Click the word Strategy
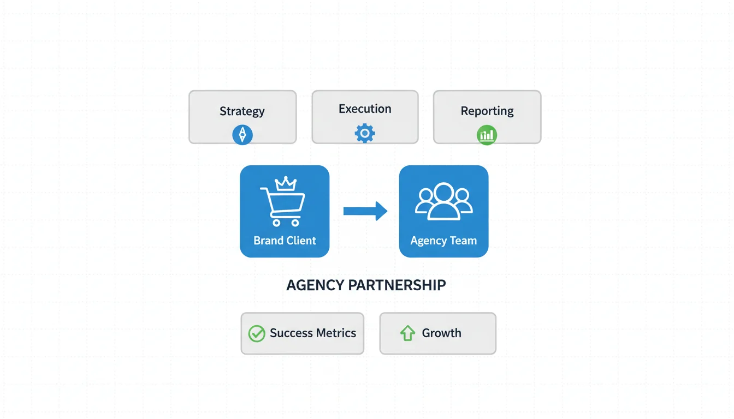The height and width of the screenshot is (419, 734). point(242,111)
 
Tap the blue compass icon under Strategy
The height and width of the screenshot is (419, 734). point(242,134)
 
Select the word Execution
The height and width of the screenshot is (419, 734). point(365,109)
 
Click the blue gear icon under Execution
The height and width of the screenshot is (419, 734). point(365,133)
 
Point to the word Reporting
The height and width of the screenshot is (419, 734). point(487,111)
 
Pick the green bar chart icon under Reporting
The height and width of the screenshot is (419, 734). point(487,135)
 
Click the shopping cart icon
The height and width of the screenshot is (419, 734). point(283,205)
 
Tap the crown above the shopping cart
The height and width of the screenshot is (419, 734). point(285,184)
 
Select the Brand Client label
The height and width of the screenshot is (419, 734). point(285,241)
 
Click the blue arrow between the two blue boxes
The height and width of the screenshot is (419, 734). point(365,211)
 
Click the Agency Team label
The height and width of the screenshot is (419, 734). point(443,241)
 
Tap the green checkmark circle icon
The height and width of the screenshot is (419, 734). point(257,333)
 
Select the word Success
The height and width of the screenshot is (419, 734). point(291,333)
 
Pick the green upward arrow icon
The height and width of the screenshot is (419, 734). point(407,333)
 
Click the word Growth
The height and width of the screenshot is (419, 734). point(441,333)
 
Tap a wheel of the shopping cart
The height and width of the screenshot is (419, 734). point(275,223)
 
